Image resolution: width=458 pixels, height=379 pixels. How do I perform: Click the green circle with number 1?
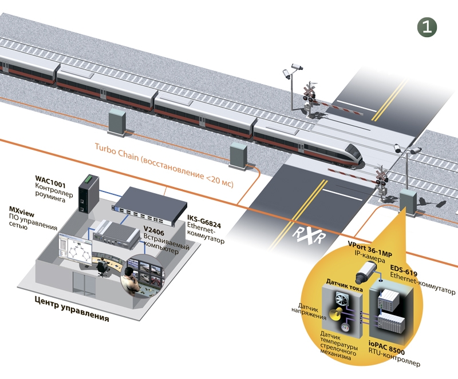(427, 26)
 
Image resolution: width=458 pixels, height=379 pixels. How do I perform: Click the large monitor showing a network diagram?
(77, 251)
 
